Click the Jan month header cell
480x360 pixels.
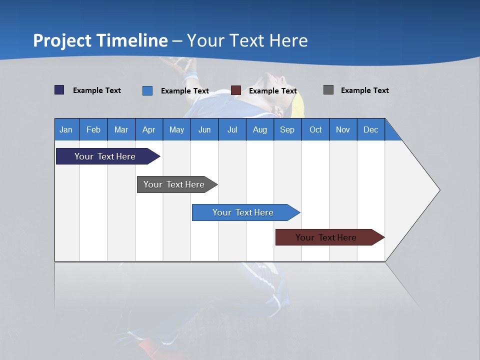(x=66, y=129)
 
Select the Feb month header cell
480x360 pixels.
(x=93, y=129)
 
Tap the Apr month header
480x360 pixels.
(x=148, y=129)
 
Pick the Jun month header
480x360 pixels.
(x=204, y=129)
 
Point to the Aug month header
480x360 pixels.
(x=259, y=129)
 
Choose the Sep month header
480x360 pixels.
(x=287, y=129)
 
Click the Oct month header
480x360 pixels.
(x=315, y=129)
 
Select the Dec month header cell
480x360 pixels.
(x=370, y=129)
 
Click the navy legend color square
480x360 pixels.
(x=59, y=90)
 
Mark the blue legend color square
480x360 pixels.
(x=147, y=90)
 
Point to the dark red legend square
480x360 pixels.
(x=236, y=90)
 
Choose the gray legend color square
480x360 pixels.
(x=328, y=90)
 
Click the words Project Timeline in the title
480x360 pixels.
(x=100, y=40)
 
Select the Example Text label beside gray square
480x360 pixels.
(x=364, y=90)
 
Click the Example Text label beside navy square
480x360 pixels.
(x=97, y=90)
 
